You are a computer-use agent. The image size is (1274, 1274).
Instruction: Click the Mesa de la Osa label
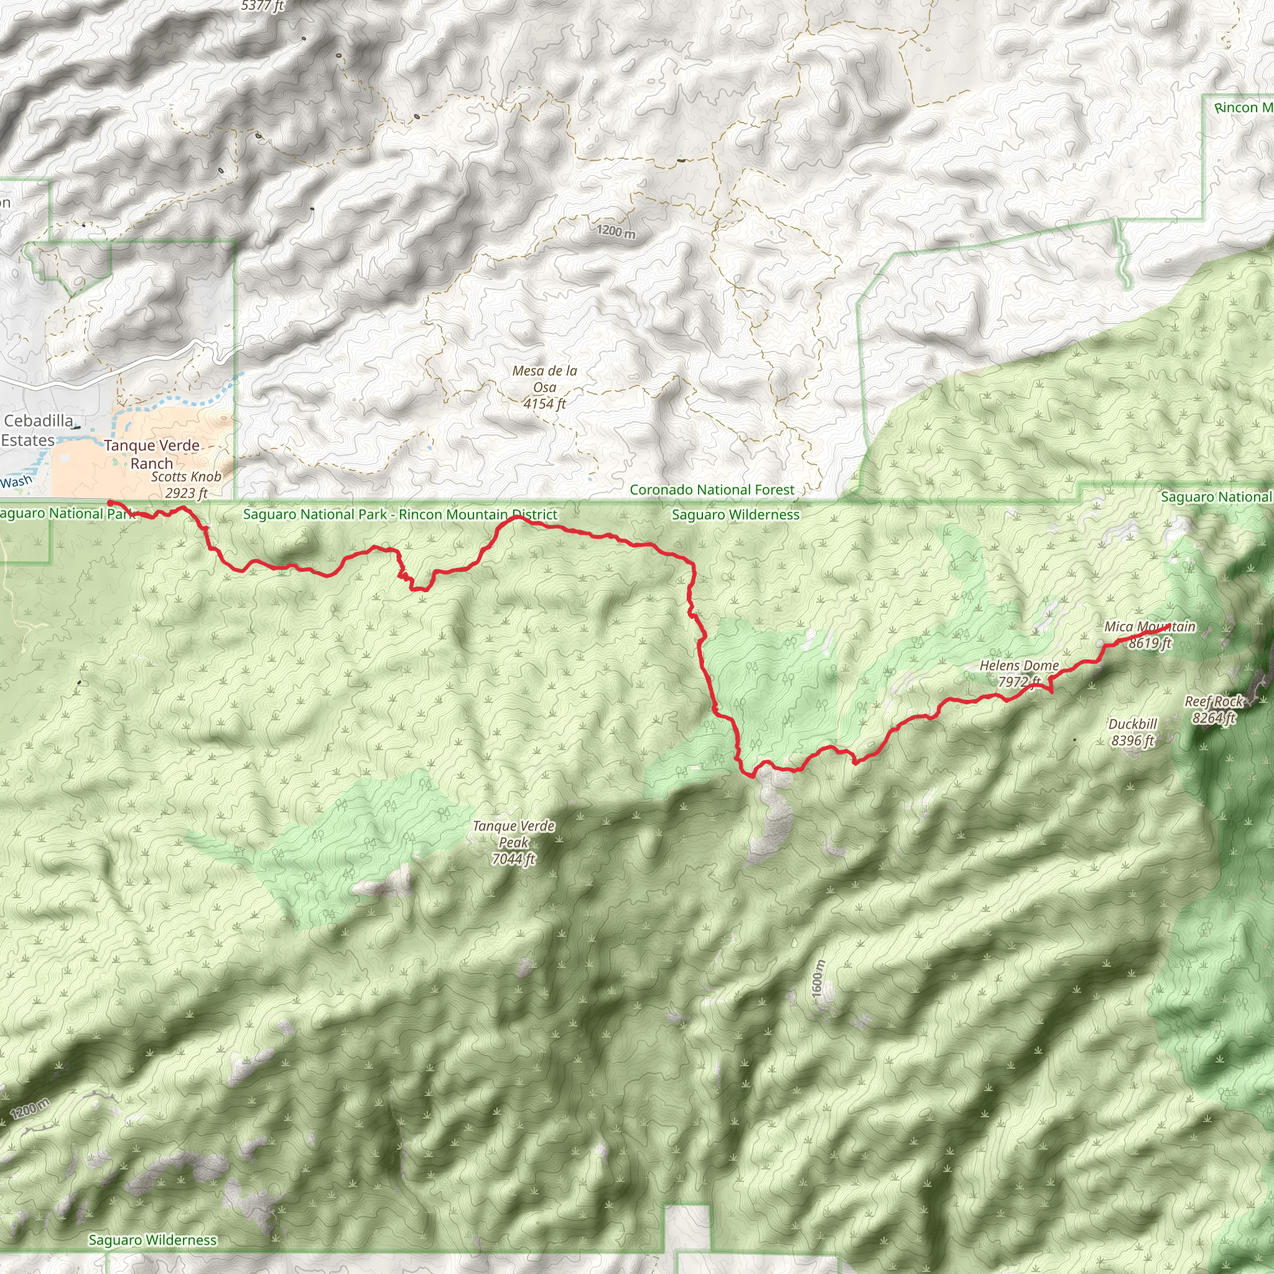point(545,379)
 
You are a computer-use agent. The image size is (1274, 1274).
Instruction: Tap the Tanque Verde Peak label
point(514,834)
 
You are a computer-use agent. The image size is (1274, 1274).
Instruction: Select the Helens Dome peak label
point(1019,666)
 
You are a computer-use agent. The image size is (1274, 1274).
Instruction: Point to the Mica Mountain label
point(1150,626)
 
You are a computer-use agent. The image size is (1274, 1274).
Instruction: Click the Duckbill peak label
point(1132,724)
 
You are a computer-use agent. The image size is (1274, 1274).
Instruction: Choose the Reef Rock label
point(1213,702)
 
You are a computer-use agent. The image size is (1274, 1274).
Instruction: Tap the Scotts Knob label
point(186,477)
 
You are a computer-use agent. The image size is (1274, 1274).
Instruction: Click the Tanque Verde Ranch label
point(152,454)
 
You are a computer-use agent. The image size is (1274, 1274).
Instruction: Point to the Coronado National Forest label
point(712,490)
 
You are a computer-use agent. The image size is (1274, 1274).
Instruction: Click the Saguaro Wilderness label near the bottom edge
point(152,1240)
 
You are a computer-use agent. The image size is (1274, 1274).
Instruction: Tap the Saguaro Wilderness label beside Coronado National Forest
point(735,514)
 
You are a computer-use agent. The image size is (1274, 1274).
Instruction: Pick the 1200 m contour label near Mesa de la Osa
point(616,231)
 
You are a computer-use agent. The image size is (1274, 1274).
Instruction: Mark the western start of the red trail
point(109,503)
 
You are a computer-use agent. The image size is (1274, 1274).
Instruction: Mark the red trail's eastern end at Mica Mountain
point(1168,625)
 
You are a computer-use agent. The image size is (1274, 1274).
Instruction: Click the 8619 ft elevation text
point(1150,643)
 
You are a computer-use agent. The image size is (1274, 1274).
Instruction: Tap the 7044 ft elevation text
point(514,859)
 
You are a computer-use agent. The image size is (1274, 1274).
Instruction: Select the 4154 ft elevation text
point(545,404)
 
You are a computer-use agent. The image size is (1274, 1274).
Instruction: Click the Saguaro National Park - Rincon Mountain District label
point(399,514)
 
